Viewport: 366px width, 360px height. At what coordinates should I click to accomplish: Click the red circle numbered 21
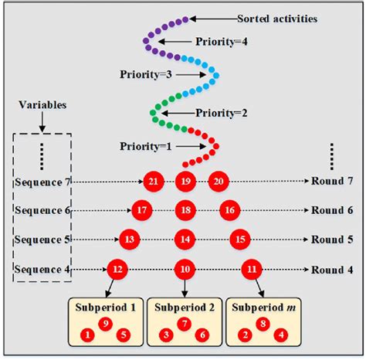click(x=152, y=181)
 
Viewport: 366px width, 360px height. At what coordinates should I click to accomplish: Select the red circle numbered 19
click(x=185, y=181)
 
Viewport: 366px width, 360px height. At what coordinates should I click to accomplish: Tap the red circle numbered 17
click(x=141, y=209)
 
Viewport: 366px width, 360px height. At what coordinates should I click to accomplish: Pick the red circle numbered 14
click(x=185, y=239)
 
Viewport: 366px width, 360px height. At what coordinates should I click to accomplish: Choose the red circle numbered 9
click(x=106, y=324)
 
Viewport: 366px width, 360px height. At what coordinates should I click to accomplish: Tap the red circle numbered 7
click(x=184, y=324)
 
